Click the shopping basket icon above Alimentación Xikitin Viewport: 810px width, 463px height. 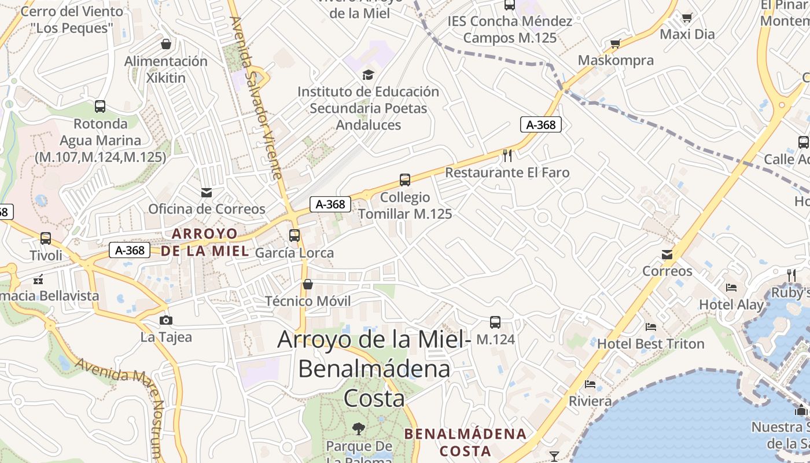tap(166, 44)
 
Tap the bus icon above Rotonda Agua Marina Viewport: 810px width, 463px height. tap(100, 106)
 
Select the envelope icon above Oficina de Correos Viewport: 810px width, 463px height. tap(206, 192)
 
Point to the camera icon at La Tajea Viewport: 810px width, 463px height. tap(166, 320)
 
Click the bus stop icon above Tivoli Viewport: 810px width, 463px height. tap(46, 238)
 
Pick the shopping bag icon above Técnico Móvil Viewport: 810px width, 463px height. tap(308, 284)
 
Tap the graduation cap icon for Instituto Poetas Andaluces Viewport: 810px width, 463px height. tap(368, 75)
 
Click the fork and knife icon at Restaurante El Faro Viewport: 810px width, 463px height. tap(507, 155)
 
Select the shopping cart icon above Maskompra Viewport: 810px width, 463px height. tap(615, 44)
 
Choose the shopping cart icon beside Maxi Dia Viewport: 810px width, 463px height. tap(687, 18)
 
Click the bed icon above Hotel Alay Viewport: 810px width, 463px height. tap(731, 288)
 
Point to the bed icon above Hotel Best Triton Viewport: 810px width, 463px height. tap(651, 327)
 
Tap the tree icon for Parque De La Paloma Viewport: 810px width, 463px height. tap(359, 429)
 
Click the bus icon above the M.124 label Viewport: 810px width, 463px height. tap(495, 322)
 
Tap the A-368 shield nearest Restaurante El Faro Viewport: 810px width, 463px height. tap(541, 124)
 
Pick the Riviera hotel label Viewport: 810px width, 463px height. tap(590, 401)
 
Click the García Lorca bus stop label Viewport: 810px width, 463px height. tap(294, 253)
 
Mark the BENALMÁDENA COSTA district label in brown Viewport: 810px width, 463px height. tap(465, 442)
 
